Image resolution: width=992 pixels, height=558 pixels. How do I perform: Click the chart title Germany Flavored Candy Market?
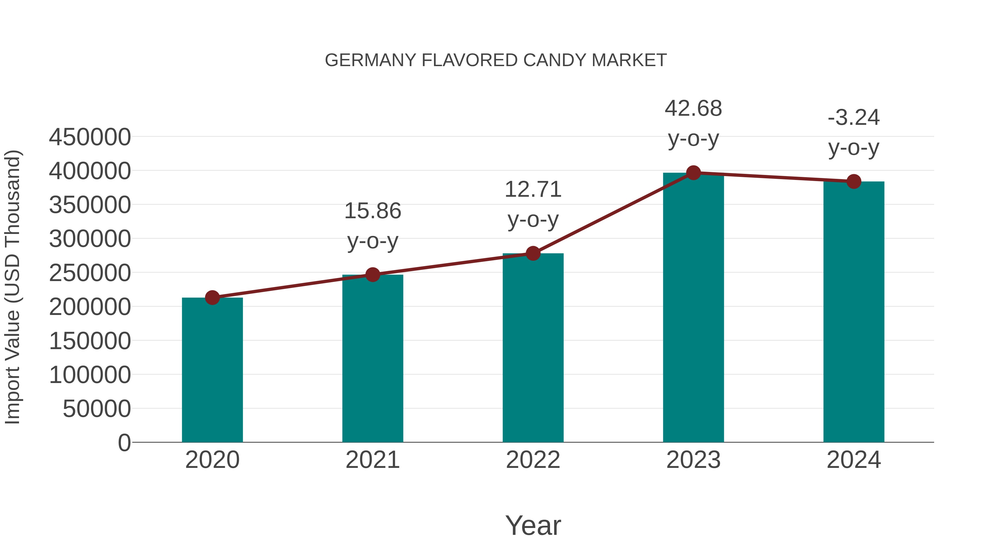coord(496,60)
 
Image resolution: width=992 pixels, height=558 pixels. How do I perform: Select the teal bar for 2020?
coord(212,370)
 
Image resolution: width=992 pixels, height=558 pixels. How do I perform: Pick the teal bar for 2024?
coord(854,312)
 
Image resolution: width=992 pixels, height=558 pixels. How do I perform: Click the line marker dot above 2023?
coord(693,173)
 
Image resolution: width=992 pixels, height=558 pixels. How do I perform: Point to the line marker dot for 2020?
coord(212,298)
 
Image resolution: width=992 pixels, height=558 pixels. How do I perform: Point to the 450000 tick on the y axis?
coord(90,137)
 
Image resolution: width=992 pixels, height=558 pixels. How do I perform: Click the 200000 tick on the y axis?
coord(90,307)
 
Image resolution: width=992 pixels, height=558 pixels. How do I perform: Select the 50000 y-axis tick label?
coord(97,409)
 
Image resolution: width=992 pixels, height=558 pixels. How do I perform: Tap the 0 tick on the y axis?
coord(124,443)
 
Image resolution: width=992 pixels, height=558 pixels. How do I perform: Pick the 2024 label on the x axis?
coord(854,460)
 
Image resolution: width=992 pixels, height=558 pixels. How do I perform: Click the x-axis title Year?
coord(533,525)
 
